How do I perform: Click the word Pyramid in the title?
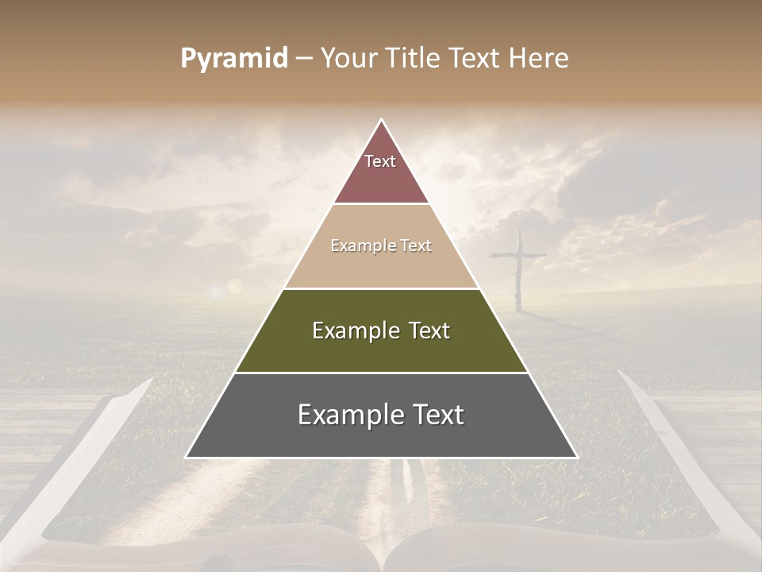click(234, 58)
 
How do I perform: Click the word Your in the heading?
click(347, 58)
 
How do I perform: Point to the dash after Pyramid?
click(303, 59)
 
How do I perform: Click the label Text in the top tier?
click(380, 161)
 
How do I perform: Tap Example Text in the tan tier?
click(381, 245)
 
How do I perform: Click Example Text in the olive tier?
click(381, 330)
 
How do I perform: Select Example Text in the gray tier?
click(381, 415)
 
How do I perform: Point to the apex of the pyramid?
click(381, 120)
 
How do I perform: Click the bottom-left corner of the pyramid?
click(187, 457)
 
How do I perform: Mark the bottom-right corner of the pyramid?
click(576, 457)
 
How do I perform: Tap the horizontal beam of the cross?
click(518, 256)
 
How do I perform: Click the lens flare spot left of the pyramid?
click(233, 285)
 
